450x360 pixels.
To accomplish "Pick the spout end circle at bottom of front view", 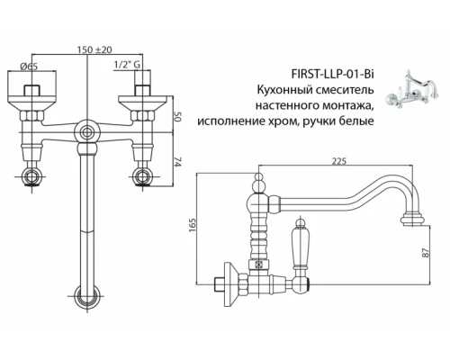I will coord(85,293).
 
